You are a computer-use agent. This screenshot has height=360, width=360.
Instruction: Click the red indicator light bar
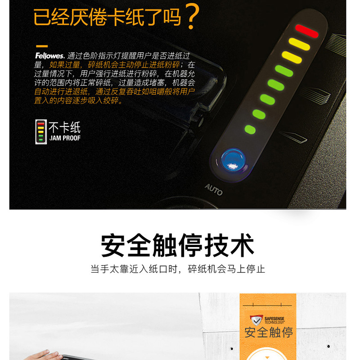(x=307, y=31)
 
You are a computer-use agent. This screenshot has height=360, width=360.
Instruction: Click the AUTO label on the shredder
(x=213, y=189)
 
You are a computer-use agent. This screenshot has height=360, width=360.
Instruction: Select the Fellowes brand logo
(x=50, y=56)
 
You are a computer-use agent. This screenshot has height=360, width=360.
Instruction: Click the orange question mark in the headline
(x=193, y=16)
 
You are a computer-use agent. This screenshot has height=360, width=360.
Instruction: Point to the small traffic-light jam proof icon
(x=41, y=132)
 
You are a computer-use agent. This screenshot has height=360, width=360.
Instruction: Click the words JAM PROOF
(x=65, y=138)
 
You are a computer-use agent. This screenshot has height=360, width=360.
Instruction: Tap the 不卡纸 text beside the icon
(x=64, y=127)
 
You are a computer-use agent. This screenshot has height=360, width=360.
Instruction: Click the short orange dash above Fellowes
(x=42, y=46)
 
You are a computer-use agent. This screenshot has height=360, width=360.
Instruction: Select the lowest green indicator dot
(x=250, y=130)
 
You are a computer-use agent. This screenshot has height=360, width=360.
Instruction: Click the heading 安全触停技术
(x=177, y=245)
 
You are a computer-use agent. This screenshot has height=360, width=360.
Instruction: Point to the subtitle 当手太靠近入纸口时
(x=134, y=269)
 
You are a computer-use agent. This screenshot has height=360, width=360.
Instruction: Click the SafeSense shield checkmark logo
(x=256, y=320)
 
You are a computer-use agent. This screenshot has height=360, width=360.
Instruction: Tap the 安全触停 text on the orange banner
(x=268, y=333)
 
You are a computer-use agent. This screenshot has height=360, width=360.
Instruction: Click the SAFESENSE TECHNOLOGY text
(x=274, y=320)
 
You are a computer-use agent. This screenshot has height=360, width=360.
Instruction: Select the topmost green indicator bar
(x=284, y=71)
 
